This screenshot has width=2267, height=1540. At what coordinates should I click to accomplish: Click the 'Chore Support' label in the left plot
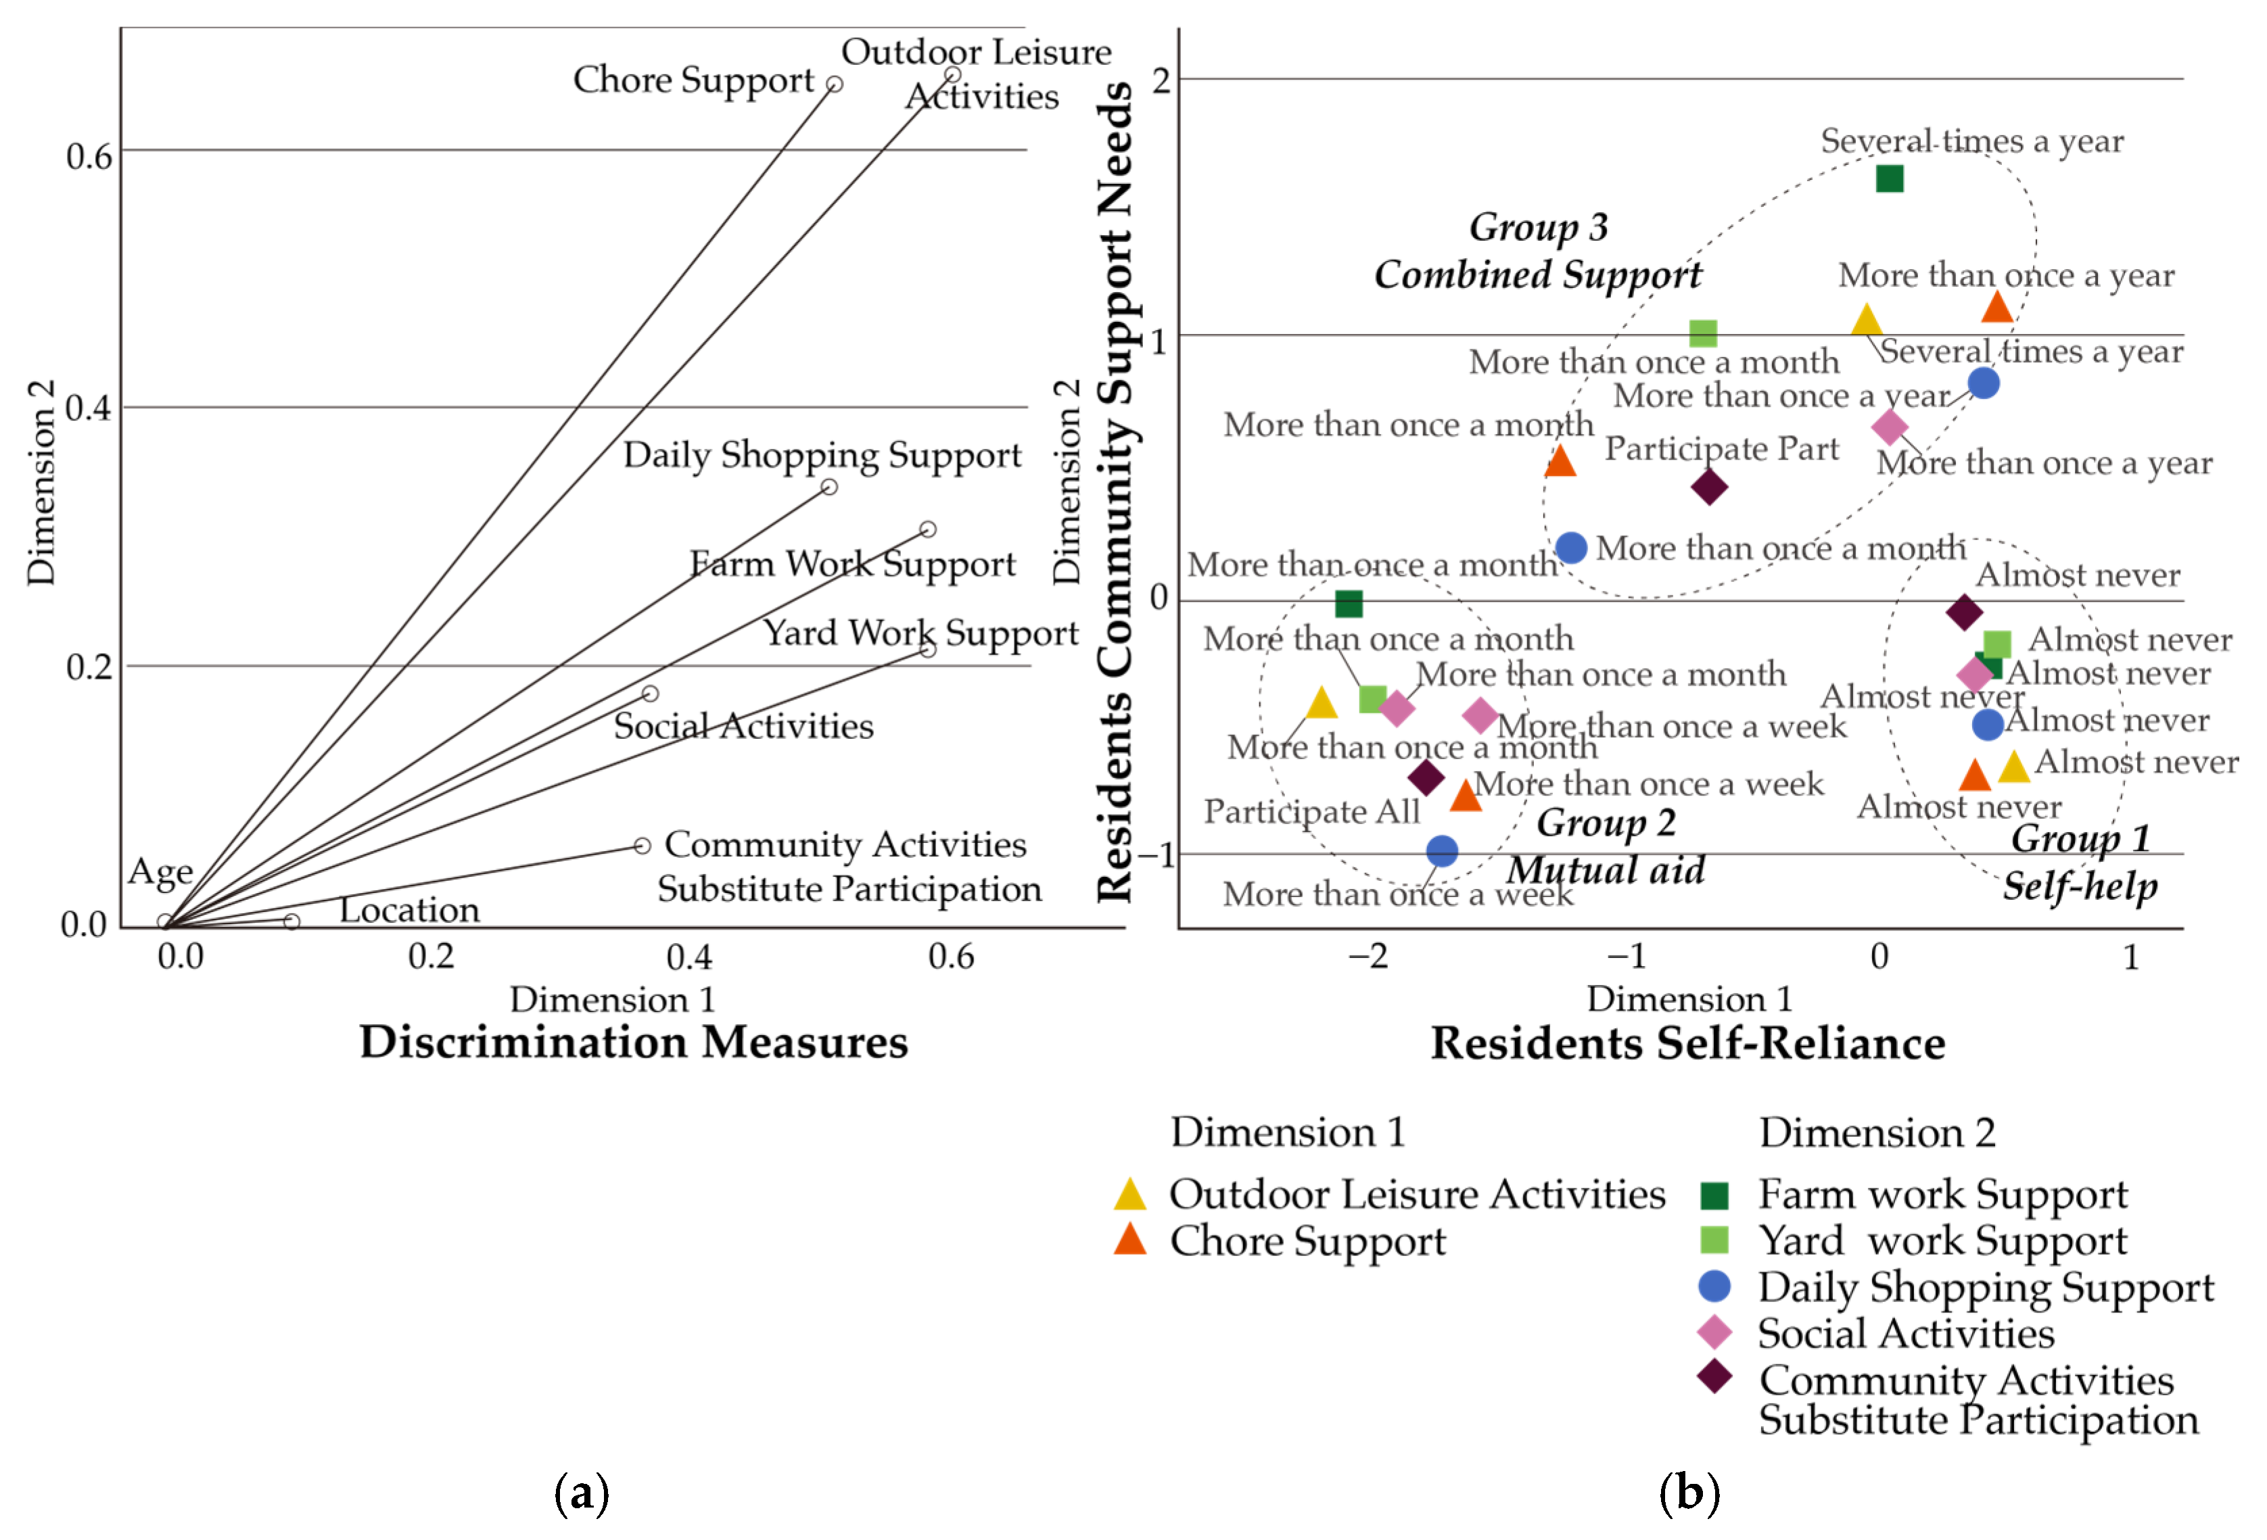tap(693, 80)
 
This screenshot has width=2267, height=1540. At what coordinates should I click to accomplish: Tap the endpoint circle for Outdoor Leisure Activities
tap(953, 75)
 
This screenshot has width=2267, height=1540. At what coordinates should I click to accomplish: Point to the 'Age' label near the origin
tap(160, 871)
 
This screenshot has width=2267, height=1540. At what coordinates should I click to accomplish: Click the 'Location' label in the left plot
tap(408, 910)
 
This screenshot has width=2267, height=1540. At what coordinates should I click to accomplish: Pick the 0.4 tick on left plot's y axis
tap(88, 408)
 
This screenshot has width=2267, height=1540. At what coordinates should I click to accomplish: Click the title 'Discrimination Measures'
tap(634, 1042)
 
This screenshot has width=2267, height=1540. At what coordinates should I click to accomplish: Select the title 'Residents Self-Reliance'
tap(1687, 1044)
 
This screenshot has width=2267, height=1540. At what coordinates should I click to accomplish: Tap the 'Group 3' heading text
tap(1539, 227)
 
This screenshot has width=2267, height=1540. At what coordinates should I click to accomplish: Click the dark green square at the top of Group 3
tap(1890, 178)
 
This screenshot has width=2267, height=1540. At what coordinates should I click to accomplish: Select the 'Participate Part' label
tap(1722, 449)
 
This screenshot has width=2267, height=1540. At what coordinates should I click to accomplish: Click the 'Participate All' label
tap(1311, 811)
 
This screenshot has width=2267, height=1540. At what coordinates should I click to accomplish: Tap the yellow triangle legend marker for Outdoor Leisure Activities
tap(1129, 1194)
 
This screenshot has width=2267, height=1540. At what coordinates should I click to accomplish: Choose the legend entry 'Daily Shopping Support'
tap(1985, 1287)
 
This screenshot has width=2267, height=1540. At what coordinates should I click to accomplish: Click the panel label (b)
tap(1689, 1493)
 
